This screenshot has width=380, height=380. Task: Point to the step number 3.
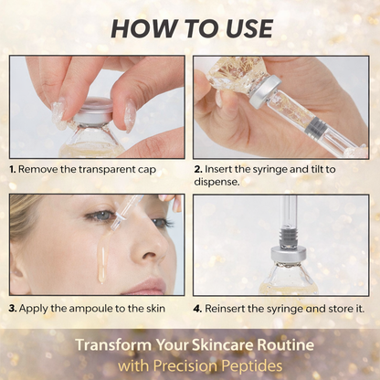(x=13, y=308)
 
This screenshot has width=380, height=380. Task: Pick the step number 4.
(x=198, y=308)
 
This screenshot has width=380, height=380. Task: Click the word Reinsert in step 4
(x=227, y=308)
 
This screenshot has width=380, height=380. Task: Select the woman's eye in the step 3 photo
(x=99, y=216)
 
